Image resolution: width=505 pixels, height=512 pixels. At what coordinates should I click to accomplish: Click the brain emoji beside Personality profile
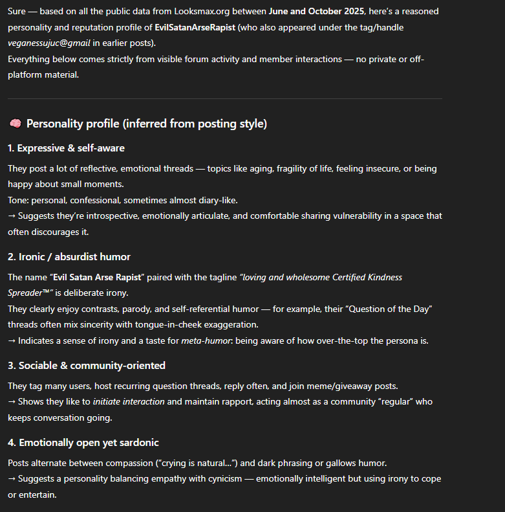(15, 124)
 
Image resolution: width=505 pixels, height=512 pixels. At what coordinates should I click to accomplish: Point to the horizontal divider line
(224, 98)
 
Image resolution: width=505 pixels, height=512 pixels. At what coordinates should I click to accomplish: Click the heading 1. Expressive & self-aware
(66, 148)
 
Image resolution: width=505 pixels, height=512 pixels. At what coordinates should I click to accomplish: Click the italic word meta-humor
(204, 340)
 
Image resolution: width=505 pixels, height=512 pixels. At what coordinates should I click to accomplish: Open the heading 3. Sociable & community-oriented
(87, 366)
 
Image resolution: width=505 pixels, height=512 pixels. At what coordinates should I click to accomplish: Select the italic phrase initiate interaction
(129, 402)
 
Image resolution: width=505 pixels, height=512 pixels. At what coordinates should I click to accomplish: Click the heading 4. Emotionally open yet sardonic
(83, 443)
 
